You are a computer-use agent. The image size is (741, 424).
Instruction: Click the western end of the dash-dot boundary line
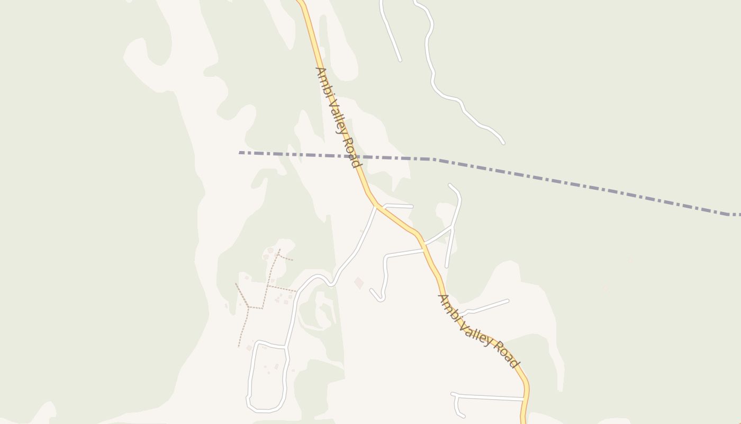pyautogui.click(x=240, y=153)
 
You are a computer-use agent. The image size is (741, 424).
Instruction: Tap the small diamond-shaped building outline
pyautogui.click(x=359, y=283)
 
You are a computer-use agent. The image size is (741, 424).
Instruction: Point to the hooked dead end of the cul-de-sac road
pyautogui.click(x=372, y=290)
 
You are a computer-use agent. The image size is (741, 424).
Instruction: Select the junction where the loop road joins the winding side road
pyautogui.click(x=286, y=347)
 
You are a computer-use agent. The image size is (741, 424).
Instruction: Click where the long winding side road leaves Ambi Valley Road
pyautogui.click(x=377, y=206)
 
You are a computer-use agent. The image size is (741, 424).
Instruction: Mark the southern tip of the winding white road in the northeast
pyautogui.click(x=503, y=143)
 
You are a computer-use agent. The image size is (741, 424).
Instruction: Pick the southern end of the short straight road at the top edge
pyautogui.click(x=400, y=60)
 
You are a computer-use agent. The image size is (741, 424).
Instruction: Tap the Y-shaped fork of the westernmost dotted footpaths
pyautogui.click(x=248, y=306)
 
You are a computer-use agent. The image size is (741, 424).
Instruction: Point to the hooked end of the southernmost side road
pyautogui.click(x=464, y=417)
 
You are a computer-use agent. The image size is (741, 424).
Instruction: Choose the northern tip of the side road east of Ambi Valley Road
pyautogui.click(x=449, y=185)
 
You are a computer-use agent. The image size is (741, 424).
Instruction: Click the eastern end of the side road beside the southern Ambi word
pyautogui.click(x=508, y=301)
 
